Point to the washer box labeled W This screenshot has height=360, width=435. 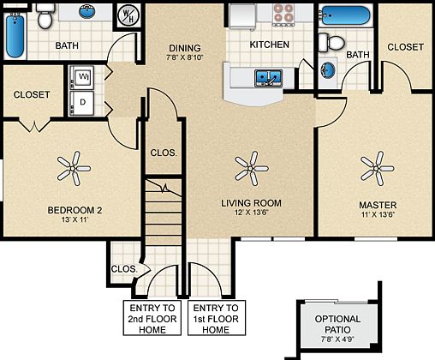click(83, 77)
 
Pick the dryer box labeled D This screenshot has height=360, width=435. click(83, 101)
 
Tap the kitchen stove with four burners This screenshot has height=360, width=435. click(283, 15)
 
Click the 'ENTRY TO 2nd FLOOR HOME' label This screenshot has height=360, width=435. click(152, 318)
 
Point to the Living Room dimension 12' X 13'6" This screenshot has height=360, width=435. click(250, 213)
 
